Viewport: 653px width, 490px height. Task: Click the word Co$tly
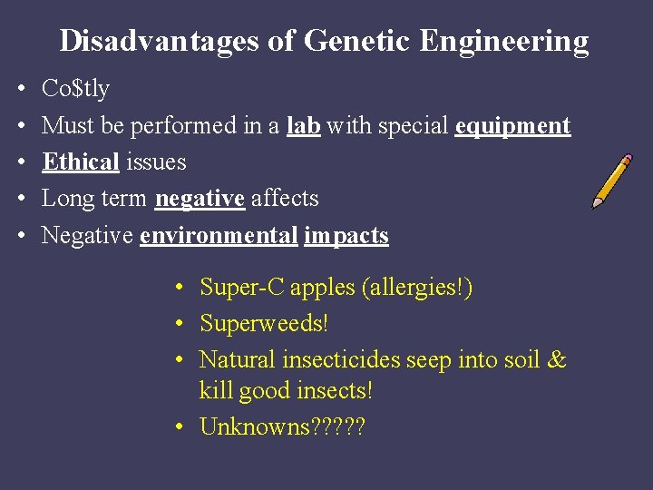(x=75, y=89)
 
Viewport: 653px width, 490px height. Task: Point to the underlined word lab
(x=303, y=125)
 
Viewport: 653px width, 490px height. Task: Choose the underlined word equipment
(x=512, y=126)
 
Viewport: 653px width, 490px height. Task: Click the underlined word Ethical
(x=81, y=162)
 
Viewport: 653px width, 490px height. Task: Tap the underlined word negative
(x=200, y=199)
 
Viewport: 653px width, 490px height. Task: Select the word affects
(x=285, y=199)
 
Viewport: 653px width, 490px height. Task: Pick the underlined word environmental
(x=219, y=236)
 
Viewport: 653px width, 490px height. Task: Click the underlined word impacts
(x=346, y=236)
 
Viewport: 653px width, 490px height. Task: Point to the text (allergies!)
(x=416, y=288)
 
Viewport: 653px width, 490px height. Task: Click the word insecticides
(x=341, y=360)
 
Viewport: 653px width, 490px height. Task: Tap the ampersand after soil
(x=557, y=360)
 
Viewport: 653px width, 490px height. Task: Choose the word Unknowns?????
(x=282, y=426)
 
